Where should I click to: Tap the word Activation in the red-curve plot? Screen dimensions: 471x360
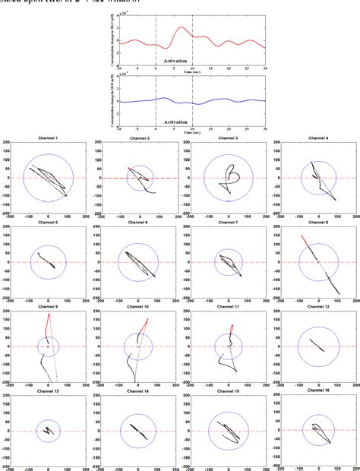pos(174,58)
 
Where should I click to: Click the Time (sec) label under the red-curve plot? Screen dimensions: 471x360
pos(193,69)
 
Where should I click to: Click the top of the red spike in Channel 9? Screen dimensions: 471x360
pos(49,313)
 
